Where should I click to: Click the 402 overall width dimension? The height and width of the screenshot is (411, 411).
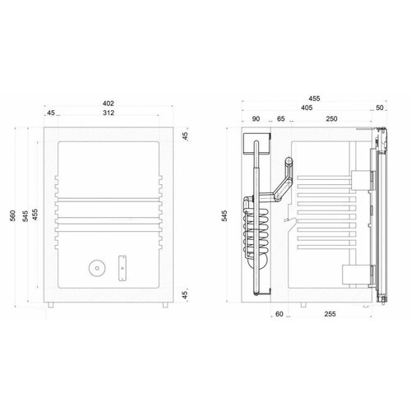coord(109,104)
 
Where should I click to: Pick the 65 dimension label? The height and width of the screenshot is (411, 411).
coord(282,119)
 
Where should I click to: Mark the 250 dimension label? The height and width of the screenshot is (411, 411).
coord(331,119)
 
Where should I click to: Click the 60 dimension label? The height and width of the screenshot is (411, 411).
coord(279,314)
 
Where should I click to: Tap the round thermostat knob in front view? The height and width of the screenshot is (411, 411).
coord(96,267)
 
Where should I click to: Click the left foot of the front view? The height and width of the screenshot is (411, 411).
coord(53,305)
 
